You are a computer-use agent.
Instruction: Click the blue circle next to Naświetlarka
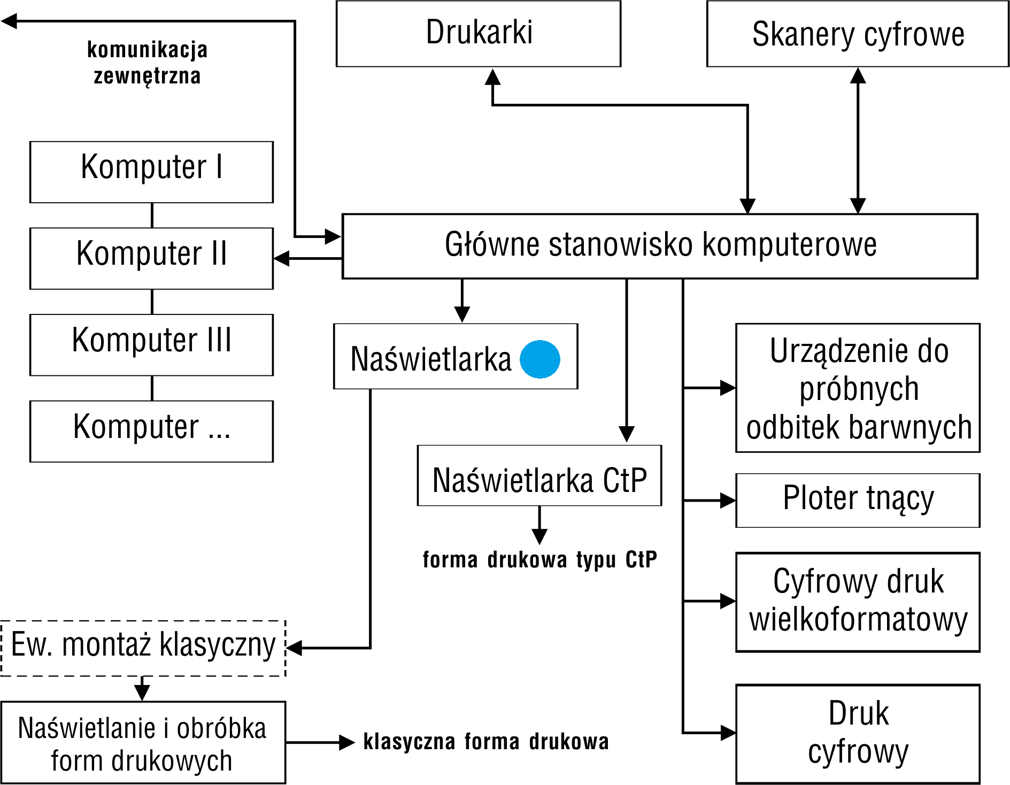[540, 359]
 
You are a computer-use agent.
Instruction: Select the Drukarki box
[479, 34]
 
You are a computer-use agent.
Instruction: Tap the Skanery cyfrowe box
[858, 34]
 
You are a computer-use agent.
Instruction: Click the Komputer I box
[151, 172]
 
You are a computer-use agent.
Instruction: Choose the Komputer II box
[151, 258]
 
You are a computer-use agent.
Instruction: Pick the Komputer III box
[151, 345]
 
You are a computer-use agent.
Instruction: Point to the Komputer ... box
[151, 431]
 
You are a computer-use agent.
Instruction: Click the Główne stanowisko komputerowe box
[660, 246]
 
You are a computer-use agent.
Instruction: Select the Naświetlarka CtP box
[539, 475]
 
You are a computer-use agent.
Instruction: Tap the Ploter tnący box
[858, 500]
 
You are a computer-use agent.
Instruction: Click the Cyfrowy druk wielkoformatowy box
[858, 602]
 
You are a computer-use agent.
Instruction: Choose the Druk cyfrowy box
[858, 734]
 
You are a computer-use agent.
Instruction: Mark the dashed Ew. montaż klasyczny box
[143, 648]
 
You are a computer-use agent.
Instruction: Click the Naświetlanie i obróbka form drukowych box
[143, 743]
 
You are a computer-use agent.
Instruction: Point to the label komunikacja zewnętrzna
[147, 63]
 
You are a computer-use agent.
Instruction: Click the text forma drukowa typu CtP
[539, 560]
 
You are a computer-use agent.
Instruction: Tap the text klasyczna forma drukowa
[486, 742]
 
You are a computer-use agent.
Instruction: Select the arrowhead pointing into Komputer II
[281, 258]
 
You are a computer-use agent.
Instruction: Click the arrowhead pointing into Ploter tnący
[728, 501]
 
